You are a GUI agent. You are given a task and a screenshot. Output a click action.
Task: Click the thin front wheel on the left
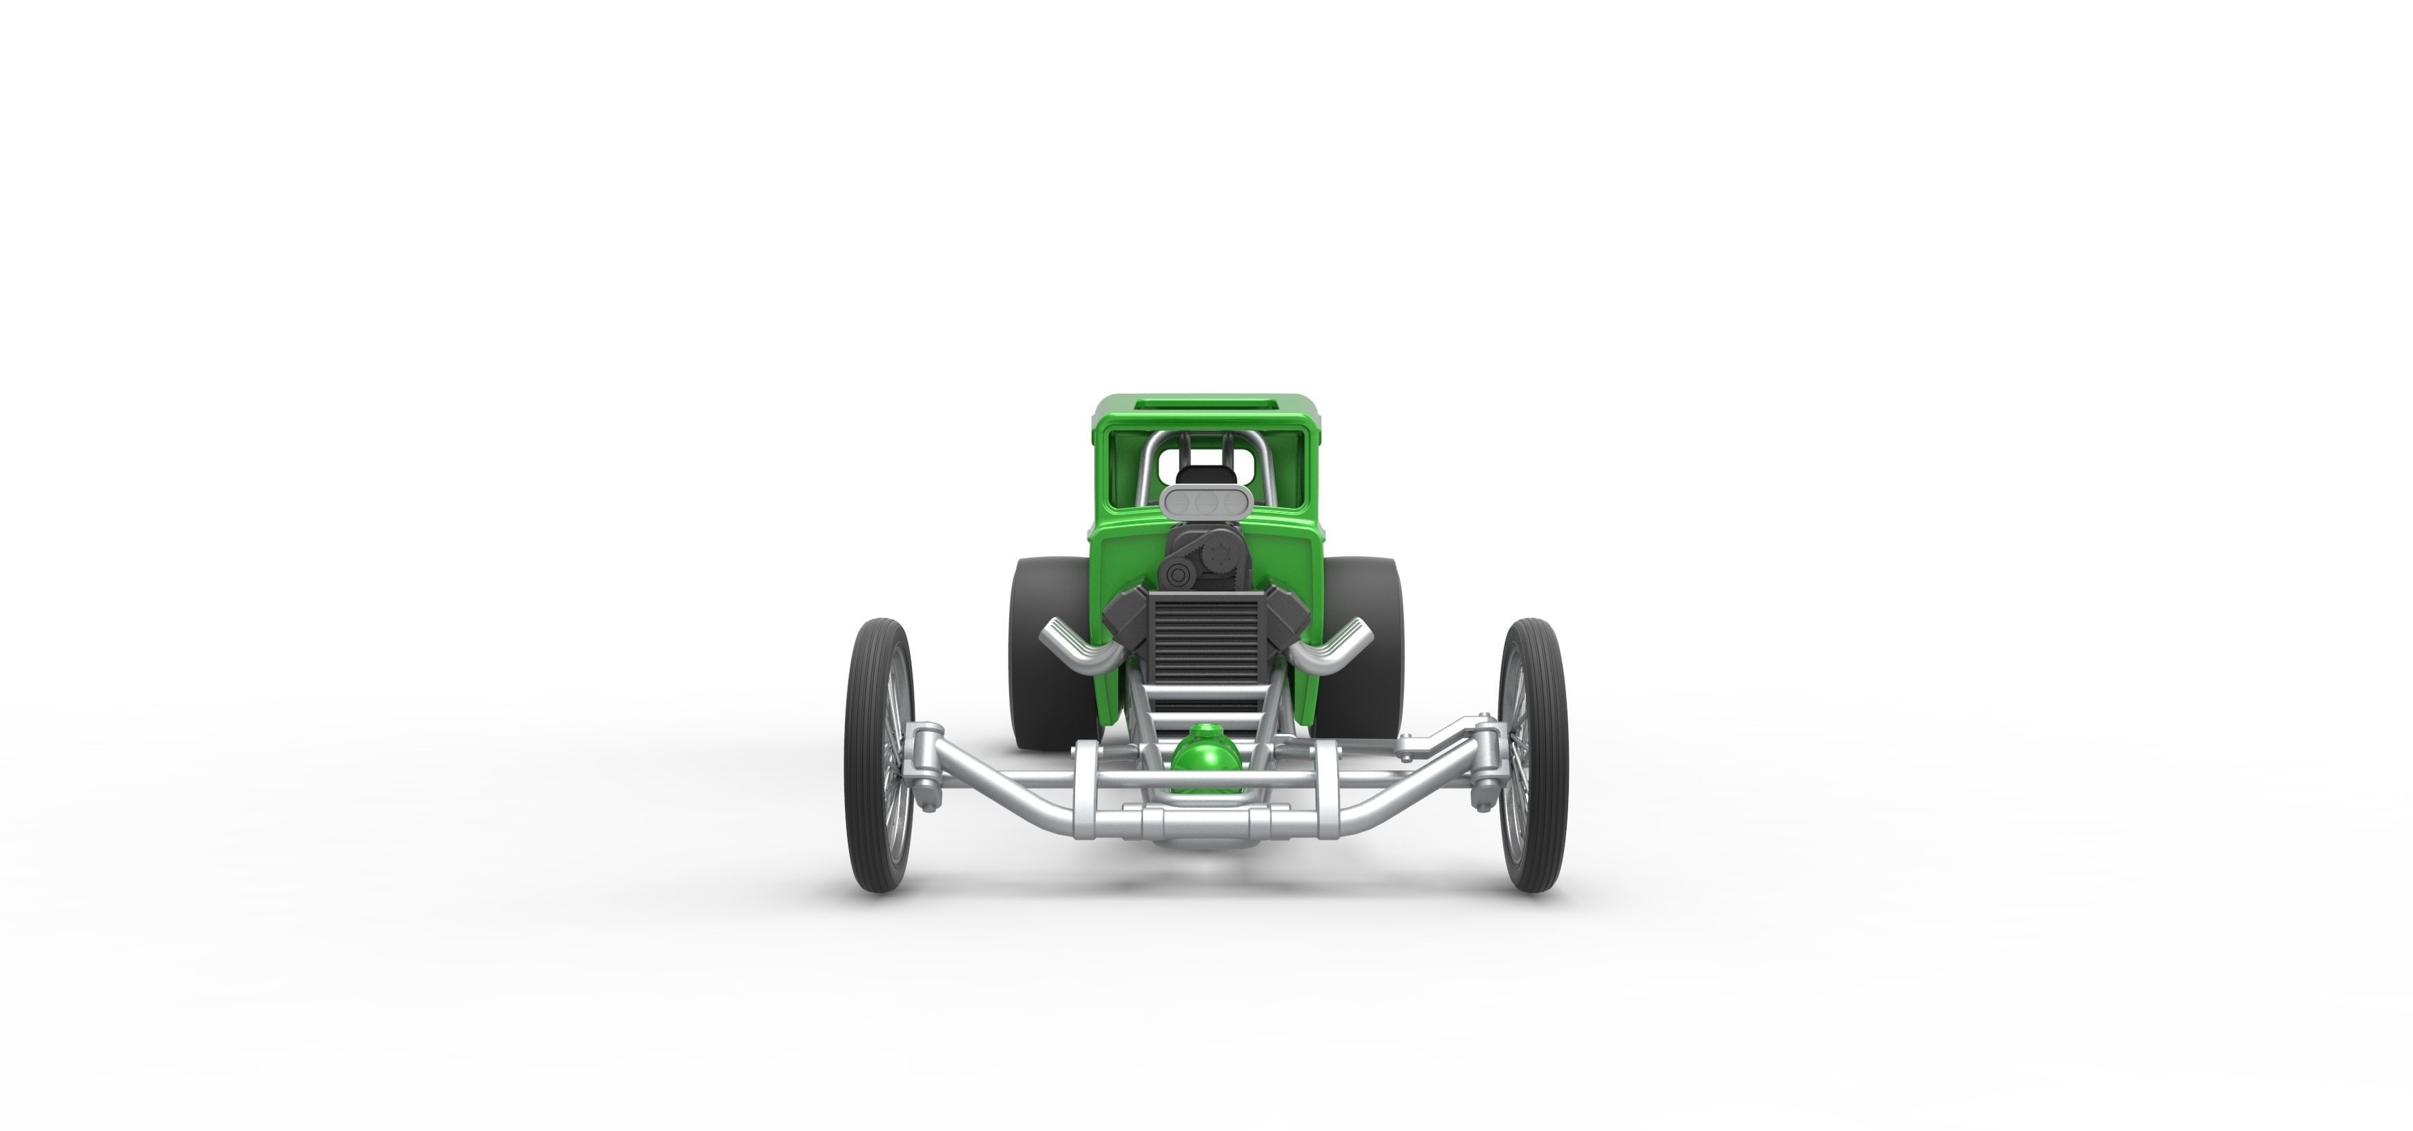pos(879,755)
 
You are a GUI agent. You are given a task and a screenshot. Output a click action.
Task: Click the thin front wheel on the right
pos(1532,755)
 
